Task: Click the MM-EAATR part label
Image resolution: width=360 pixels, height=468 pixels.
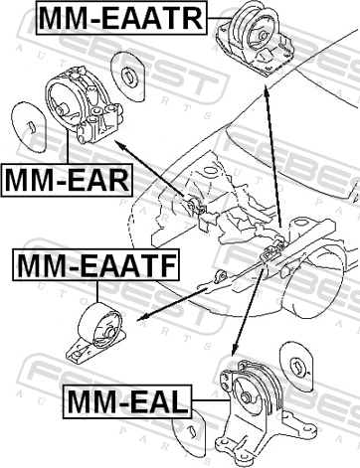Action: pyautogui.click(x=121, y=18)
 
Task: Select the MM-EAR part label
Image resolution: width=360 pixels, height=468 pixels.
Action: pyautogui.click(x=67, y=180)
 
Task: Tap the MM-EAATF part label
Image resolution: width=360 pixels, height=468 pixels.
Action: pyautogui.click(x=96, y=265)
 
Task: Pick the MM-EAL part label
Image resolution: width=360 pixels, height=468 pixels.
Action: pyautogui.click(x=127, y=401)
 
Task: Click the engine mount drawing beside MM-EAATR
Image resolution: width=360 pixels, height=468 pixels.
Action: pyautogui.click(x=256, y=39)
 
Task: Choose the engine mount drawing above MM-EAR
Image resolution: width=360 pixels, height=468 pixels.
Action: pyautogui.click(x=84, y=105)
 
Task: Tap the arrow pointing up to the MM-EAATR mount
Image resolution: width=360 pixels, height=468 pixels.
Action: pyautogui.click(x=272, y=156)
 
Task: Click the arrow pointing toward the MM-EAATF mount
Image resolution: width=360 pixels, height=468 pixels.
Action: pyautogui.click(x=172, y=304)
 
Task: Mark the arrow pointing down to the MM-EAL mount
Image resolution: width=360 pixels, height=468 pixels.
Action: pyautogui.click(x=248, y=312)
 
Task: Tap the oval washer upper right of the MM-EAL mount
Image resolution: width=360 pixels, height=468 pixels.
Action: pyautogui.click(x=296, y=366)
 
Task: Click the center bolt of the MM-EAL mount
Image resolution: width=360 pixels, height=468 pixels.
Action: pyautogui.click(x=246, y=397)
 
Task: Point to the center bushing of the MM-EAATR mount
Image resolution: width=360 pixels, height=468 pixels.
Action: pyautogui.click(x=262, y=36)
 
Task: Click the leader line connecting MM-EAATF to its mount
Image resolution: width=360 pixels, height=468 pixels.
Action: pyautogui.click(x=97, y=291)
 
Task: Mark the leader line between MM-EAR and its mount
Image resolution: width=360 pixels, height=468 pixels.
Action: pyautogui.click(x=68, y=147)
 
